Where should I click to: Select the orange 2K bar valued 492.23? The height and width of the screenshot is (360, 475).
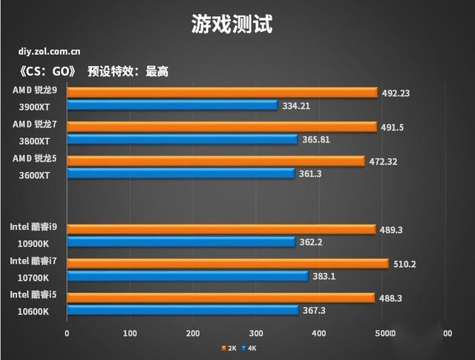point(223,93)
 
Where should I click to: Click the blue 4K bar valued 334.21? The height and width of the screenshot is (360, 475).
point(172,105)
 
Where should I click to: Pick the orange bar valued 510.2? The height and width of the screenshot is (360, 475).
point(228,264)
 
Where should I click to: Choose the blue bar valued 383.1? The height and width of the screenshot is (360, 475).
point(188,276)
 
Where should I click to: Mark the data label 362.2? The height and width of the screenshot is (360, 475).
point(315,242)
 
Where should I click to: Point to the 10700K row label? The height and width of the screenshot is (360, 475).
point(31,278)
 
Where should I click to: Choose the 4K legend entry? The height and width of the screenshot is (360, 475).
point(250,347)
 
